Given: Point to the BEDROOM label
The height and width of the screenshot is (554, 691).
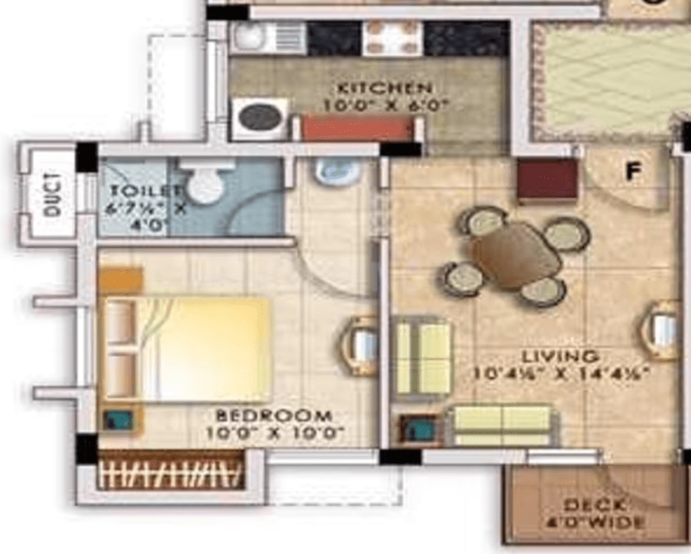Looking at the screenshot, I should pyautogui.click(x=274, y=415).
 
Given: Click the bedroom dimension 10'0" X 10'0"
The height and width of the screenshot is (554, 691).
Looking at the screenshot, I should pyautogui.click(x=274, y=433).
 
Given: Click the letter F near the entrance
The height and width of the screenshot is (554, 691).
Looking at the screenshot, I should pyautogui.click(x=631, y=173).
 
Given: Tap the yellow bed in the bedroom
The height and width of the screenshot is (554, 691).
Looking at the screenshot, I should pyautogui.click(x=203, y=348).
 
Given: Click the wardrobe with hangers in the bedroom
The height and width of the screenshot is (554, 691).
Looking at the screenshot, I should pyautogui.click(x=171, y=471).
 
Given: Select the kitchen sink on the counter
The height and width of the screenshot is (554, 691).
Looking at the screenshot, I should pyautogui.click(x=268, y=38).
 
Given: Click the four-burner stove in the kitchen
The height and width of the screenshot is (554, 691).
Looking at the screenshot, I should pyautogui.click(x=392, y=38).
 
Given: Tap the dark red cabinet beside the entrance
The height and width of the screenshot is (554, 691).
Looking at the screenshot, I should pyautogui.click(x=548, y=180).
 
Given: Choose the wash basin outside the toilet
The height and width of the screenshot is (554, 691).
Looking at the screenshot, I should pyautogui.click(x=337, y=172).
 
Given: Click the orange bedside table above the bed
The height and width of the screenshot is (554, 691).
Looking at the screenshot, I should pyautogui.click(x=121, y=280).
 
